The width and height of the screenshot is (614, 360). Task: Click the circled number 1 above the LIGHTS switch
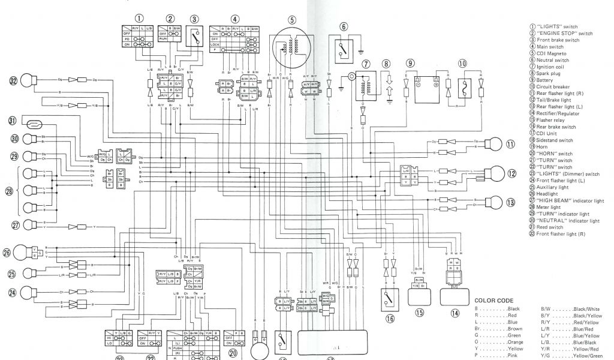[x=140, y=18]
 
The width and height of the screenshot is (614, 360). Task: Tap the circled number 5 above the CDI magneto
[x=291, y=19]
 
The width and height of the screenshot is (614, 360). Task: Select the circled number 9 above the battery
[x=410, y=64]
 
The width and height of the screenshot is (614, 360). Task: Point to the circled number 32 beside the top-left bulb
[x=13, y=80]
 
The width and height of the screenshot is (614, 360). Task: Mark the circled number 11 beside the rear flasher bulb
[x=510, y=144]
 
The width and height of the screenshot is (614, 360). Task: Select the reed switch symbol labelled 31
[x=35, y=124]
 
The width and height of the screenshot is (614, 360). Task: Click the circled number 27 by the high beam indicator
[x=16, y=225]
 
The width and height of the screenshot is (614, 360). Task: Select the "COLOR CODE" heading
[x=493, y=300]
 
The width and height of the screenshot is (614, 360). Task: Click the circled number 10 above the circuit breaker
[x=462, y=64]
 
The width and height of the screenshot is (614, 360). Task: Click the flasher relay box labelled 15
[x=420, y=295]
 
